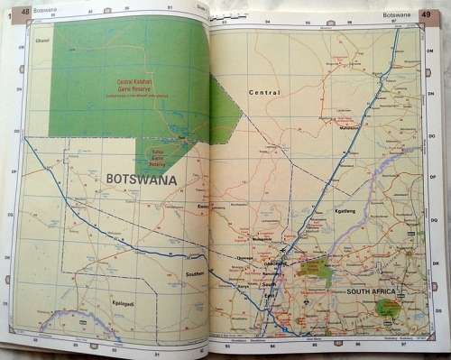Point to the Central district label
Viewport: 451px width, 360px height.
[x=265, y=93]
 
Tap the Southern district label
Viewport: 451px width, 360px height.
[x=196, y=272]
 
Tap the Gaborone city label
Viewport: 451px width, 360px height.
[x=274, y=263]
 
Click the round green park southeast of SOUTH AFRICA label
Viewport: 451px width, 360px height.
[x=390, y=308]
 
